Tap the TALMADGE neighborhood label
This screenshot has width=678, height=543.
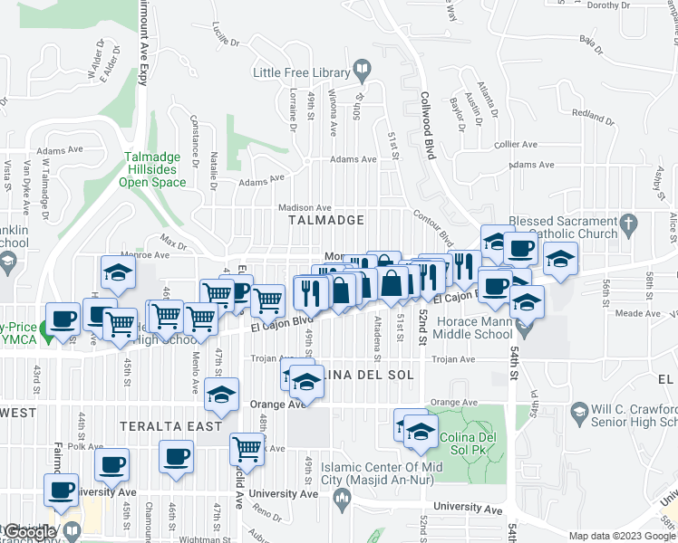click(x=326, y=220)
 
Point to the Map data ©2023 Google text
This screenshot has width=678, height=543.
click(x=622, y=536)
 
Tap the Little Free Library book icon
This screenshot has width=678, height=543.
click(x=361, y=70)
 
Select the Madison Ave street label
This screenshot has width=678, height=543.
click(x=305, y=207)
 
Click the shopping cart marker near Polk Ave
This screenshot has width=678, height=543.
click(x=247, y=446)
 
